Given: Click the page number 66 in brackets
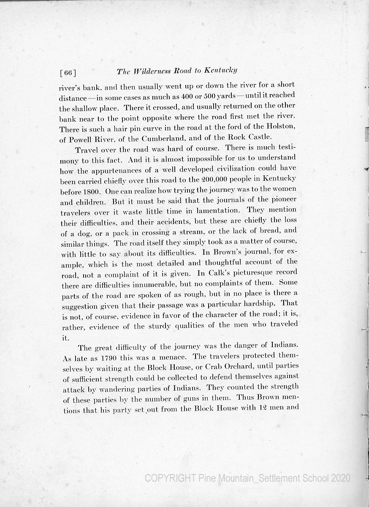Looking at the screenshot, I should point(68,73).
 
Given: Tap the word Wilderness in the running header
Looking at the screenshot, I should point(152,71).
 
